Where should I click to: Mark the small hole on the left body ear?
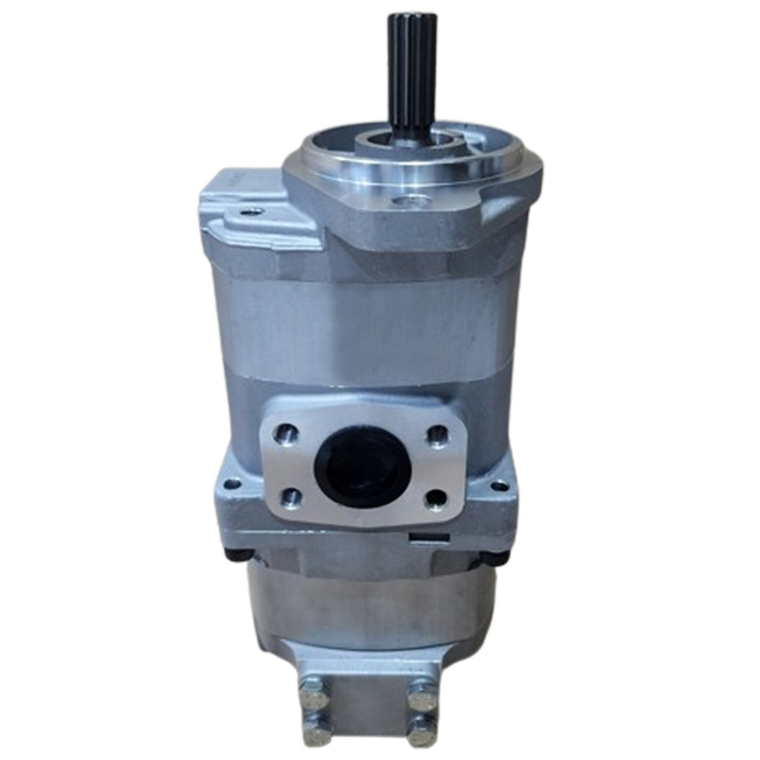[x=234, y=484]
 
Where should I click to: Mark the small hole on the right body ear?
[x=500, y=486]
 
